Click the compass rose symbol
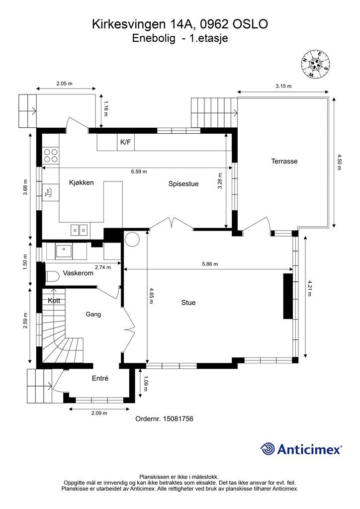[315, 64]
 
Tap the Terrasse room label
[284, 161]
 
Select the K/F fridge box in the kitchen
[126, 142]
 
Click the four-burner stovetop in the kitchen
[51, 155]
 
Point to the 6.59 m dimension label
[139, 171]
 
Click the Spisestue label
[183, 184]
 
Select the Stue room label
[188, 303]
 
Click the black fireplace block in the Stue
[288, 296]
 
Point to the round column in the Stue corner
[132, 239]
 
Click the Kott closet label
[54, 301]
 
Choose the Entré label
[100, 378]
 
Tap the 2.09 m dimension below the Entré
[99, 413]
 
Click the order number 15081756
[178, 419]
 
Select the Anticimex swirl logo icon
[268, 449]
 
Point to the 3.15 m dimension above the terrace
[283, 86]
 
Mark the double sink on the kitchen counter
[79, 230]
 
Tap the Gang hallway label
[93, 314]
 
